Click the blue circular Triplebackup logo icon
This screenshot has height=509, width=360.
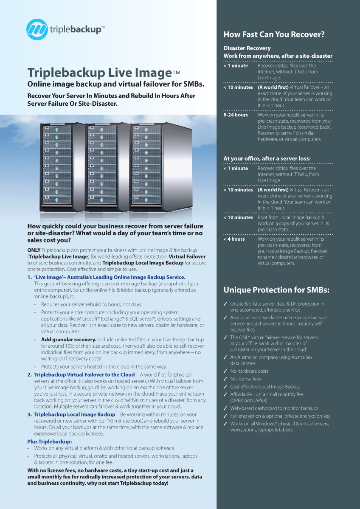(37, 29)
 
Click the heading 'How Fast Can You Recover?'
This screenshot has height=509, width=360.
(274, 34)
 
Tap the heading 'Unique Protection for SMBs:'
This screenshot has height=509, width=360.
(276, 290)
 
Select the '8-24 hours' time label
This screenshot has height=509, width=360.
(236, 115)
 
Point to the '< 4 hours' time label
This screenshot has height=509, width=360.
(234, 239)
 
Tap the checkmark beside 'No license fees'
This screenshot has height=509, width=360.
(225, 379)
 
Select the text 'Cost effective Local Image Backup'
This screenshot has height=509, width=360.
(265, 387)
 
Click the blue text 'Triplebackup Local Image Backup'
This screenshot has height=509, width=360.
(75, 414)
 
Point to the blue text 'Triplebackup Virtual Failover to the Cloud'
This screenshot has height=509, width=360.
(84, 375)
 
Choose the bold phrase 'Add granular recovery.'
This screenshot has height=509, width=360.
(68, 340)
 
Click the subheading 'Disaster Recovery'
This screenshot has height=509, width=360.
(247, 48)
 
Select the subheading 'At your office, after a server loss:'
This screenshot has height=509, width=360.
(267, 158)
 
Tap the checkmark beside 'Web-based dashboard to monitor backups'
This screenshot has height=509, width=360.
(225, 408)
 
